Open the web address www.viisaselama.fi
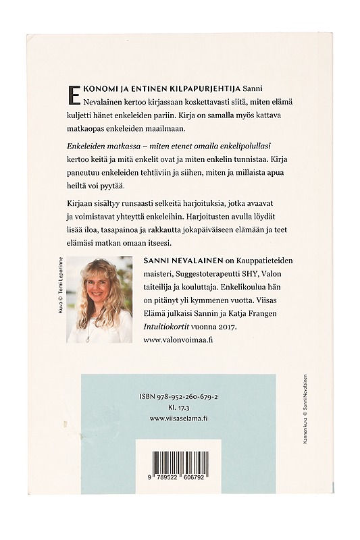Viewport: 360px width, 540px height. [179, 418]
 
